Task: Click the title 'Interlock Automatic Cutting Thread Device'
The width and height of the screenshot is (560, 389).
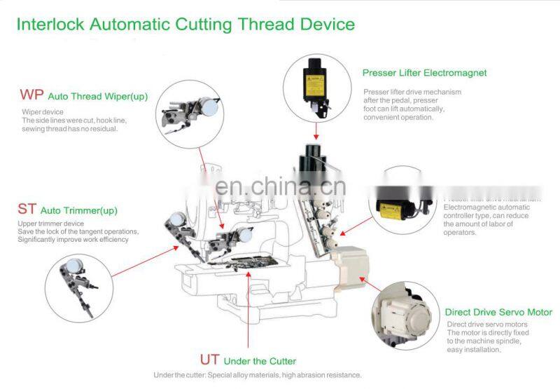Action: click(185, 25)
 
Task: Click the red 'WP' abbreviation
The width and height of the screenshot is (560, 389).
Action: click(31, 95)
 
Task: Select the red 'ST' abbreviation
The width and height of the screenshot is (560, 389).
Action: click(27, 209)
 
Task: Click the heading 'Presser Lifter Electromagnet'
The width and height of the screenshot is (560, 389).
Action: click(424, 72)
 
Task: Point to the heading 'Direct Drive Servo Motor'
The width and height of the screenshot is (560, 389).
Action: click(498, 312)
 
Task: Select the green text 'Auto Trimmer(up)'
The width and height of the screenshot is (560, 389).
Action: click(78, 210)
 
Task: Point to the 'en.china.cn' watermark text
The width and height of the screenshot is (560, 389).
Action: click(279, 186)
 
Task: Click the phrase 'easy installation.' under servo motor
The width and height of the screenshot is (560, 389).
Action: click(474, 349)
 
